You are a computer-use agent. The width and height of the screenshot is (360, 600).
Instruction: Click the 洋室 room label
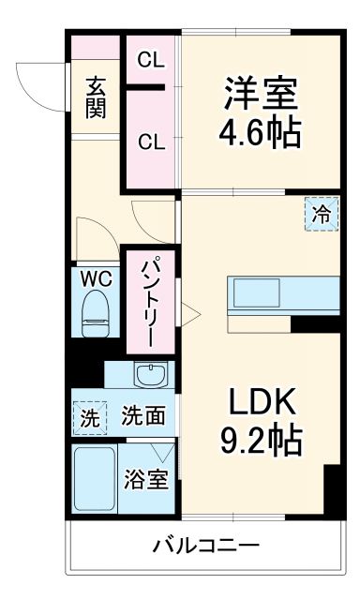point(260,94)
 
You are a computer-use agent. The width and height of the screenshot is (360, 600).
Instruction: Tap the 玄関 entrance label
point(97,96)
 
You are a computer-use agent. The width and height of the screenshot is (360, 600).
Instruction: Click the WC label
point(95,278)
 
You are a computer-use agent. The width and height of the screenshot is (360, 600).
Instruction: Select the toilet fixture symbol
point(96,313)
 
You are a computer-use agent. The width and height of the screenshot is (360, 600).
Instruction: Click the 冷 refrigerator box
point(321,214)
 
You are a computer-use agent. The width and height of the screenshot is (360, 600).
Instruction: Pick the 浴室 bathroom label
point(146,478)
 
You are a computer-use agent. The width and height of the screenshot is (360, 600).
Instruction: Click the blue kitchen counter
point(281,294)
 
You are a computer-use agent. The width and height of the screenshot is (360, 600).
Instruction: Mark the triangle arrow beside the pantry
point(187,312)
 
